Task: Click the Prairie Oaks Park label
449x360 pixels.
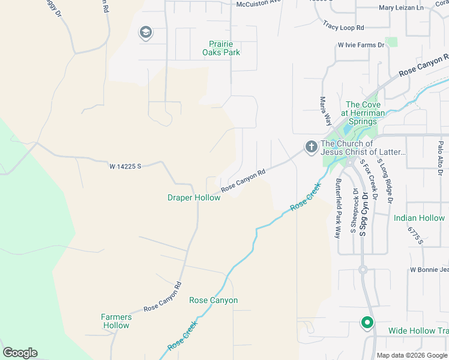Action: tap(224, 48)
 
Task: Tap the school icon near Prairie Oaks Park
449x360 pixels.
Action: tap(145, 32)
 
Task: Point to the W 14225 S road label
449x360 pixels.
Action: tap(125, 166)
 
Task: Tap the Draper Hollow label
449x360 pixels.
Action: tap(193, 197)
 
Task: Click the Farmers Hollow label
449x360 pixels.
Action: tap(115, 321)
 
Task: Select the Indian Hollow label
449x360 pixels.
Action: tap(419, 218)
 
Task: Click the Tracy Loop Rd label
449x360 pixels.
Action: tap(343, 27)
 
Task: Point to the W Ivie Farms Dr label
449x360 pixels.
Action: tap(361, 45)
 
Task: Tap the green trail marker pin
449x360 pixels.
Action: tap(367, 323)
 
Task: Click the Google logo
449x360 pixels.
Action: tap(20, 353)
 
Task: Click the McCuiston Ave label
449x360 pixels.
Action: tap(259, 2)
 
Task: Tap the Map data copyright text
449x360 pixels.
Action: tap(412, 355)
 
